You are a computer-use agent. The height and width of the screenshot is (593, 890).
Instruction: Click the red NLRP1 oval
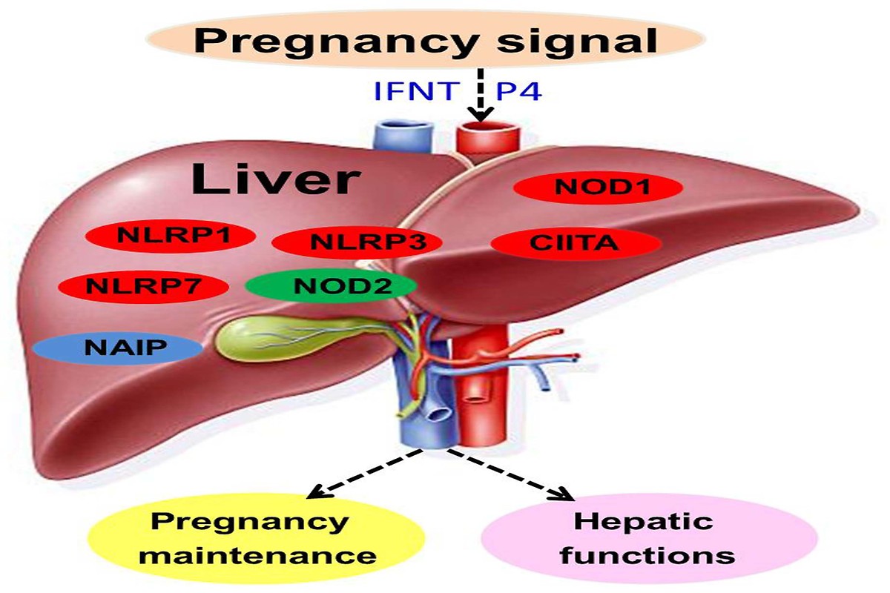coord(170,236)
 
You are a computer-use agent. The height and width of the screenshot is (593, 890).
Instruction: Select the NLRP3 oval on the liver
coord(357,242)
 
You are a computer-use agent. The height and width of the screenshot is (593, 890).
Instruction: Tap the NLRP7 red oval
coord(143,287)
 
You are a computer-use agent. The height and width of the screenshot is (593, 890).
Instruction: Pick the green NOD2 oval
coord(331,286)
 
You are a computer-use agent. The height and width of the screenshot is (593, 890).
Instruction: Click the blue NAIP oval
coord(118,348)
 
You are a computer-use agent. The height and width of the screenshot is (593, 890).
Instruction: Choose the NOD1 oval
coord(598,187)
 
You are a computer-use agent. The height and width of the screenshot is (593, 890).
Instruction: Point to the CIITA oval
coord(576,243)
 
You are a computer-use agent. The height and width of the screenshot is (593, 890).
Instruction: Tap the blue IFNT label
coord(415,91)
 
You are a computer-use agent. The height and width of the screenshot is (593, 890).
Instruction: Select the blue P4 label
coord(519,91)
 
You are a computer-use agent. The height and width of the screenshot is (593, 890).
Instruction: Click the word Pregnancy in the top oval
coord(341,43)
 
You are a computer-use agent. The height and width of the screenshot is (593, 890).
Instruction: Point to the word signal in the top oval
coord(577,43)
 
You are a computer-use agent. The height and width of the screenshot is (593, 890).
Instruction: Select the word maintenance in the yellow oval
coord(257,556)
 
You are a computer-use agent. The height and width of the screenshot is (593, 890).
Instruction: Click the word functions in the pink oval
coord(647,555)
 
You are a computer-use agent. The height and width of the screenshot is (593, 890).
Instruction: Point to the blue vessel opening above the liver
coord(402,128)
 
